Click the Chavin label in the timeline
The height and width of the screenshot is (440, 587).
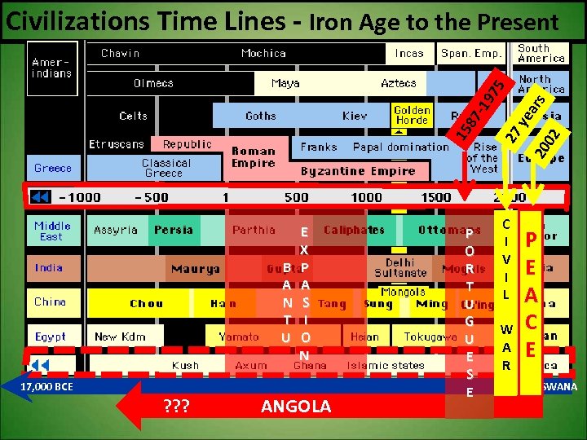point(120,54)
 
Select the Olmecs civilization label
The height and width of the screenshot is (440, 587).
point(153,84)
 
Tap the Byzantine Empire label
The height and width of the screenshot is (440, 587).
point(358,171)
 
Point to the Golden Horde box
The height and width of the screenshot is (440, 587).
point(412,115)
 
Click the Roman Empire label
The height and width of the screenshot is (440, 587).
point(253,157)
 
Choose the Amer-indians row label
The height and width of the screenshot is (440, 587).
point(51,67)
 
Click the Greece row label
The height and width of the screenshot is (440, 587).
point(53,168)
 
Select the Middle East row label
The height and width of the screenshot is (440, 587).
point(52,231)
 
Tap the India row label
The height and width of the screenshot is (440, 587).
point(49,267)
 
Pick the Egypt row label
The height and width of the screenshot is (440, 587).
point(51,336)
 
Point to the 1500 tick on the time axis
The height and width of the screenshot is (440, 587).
point(436,197)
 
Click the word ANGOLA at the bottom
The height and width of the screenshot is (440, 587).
point(296,407)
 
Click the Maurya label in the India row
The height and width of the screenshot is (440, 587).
point(195,268)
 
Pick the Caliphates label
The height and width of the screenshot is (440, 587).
point(354,231)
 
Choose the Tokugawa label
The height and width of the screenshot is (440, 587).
point(430,337)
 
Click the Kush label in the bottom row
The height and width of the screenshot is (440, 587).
point(185,366)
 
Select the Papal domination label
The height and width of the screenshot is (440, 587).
point(400,147)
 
